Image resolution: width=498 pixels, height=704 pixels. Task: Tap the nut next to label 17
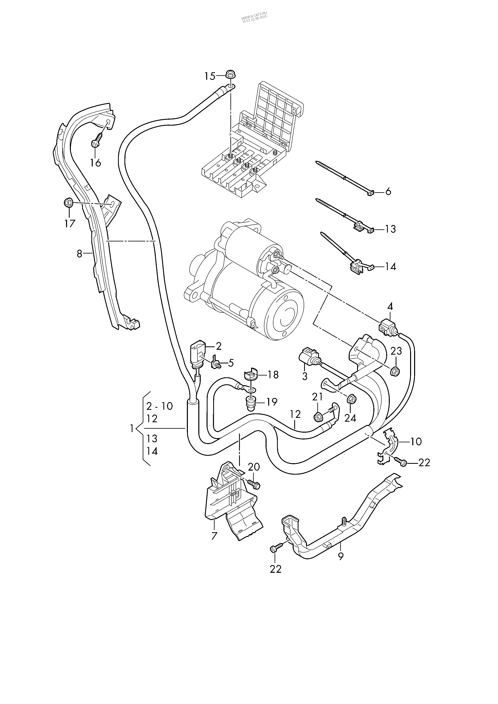pos(68,203)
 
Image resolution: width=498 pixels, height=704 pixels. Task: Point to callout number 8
pos(79,254)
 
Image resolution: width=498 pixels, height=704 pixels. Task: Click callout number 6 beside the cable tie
pos(388,192)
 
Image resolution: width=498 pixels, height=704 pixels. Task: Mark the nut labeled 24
pos(351,399)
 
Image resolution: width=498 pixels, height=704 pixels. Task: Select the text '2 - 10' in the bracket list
pos(159,406)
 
